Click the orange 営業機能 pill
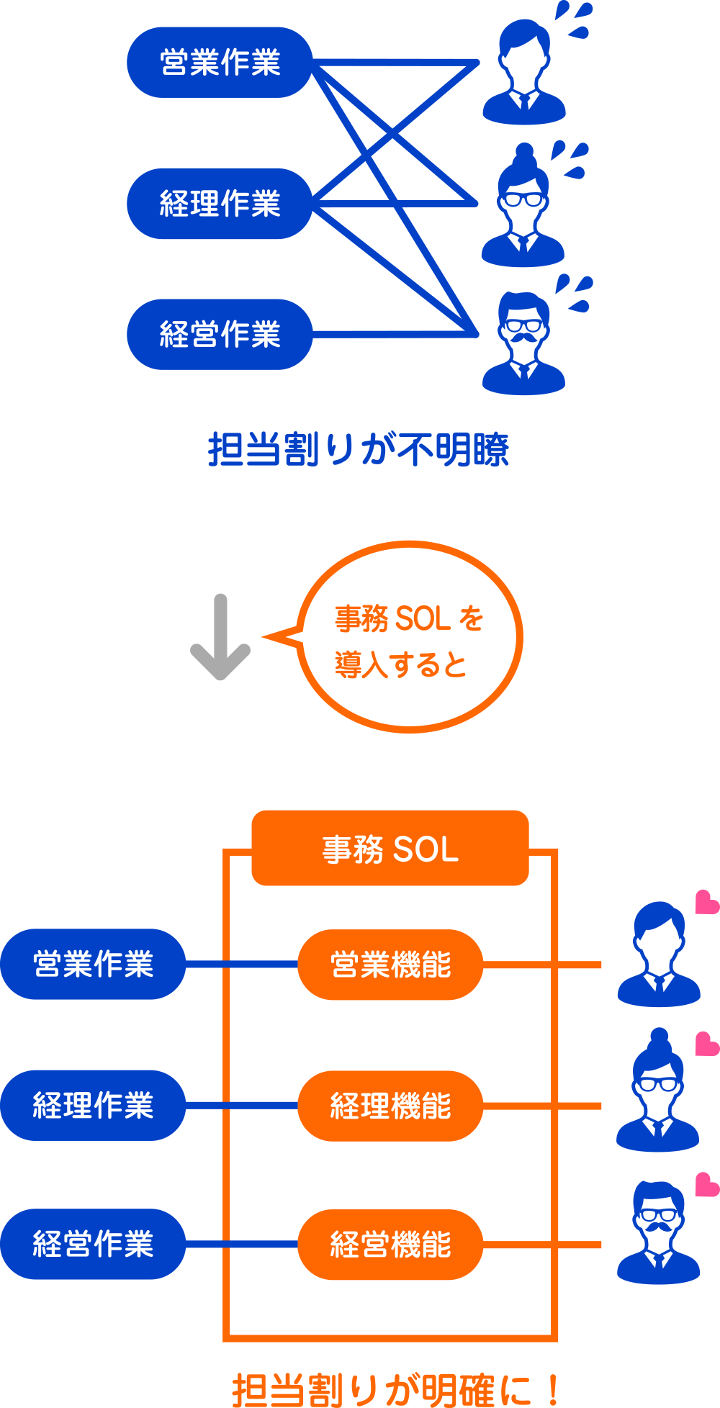tap(390, 965)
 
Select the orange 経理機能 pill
tap(390, 1106)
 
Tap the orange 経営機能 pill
tap(390, 1245)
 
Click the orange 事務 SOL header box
tap(390, 849)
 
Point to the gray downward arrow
tap(220, 638)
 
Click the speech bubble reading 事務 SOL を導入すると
tap(409, 638)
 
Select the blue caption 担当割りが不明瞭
tap(359, 450)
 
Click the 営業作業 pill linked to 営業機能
tap(93, 965)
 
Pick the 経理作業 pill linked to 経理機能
tap(93, 1106)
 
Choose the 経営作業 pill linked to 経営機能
tap(93, 1245)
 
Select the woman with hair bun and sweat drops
tap(523, 209)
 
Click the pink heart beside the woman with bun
tap(706, 1044)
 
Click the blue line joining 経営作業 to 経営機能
tap(241, 1245)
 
